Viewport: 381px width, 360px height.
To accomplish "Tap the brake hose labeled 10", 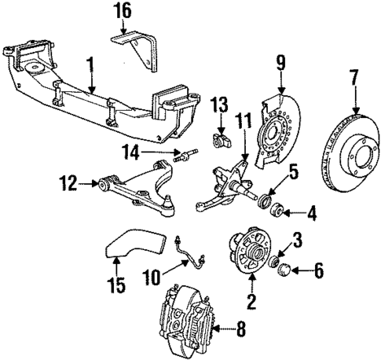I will (x=190, y=249).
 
